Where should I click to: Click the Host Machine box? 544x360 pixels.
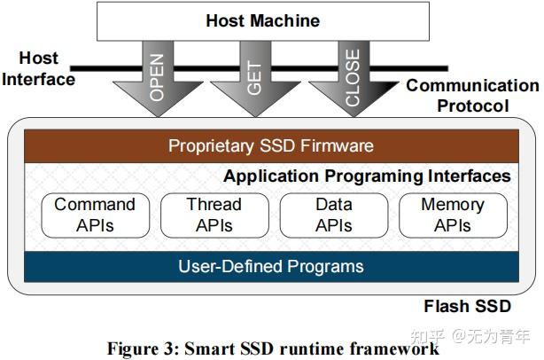pyautogui.click(x=263, y=20)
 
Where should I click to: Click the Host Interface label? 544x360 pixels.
pyautogui.click(x=37, y=68)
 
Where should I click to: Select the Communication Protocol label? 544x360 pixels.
pyautogui.click(x=471, y=96)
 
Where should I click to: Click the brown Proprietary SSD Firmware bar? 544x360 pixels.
pyautogui.click(x=271, y=145)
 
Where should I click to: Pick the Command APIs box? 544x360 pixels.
pyautogui.click(x=95, y=215)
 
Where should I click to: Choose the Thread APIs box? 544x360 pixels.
pyautogui.click(x=214, y=215)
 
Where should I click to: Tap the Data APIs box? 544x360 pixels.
pyautogui.click(x=333, y=215)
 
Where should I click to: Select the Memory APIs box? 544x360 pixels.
pyautogui.click(x=452, y=215)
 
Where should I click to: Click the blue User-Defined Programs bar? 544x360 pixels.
pyautogui.click(x=271, y=266)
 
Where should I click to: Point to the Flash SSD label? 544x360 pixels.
pyautogui.click(x=467, y=307)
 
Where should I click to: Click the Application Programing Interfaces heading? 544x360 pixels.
pyautogui.click(x=367, y=176)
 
